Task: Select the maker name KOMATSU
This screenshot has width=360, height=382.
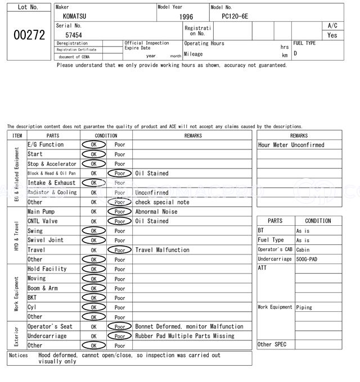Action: coord(75,16)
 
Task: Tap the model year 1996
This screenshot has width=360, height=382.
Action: coord(186,17)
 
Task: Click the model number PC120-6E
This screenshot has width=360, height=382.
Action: coord(236,16)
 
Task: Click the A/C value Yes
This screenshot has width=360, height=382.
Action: coord(332,35)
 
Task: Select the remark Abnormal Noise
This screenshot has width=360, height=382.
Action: coord(156,212)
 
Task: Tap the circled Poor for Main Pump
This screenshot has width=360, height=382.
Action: coord(119,212)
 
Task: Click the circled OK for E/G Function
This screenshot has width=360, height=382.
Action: coord(93,145)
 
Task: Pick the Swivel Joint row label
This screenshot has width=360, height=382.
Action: coord(46,240)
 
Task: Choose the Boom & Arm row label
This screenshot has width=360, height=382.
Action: coord(43,288)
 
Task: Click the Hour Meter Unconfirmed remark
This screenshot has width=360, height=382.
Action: coord(291,145)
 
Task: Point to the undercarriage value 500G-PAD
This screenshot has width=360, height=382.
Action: coord(308,259)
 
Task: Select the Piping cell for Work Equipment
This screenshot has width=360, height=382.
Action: coord(304,307)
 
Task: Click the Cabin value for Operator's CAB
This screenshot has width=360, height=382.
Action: coord(303,250)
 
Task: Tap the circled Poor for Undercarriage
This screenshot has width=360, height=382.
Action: coord(119,336)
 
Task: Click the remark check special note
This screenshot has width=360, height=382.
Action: coord(160,202)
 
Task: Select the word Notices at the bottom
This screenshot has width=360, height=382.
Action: coord(19,355)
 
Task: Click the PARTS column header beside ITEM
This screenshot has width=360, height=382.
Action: coord(53,135)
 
